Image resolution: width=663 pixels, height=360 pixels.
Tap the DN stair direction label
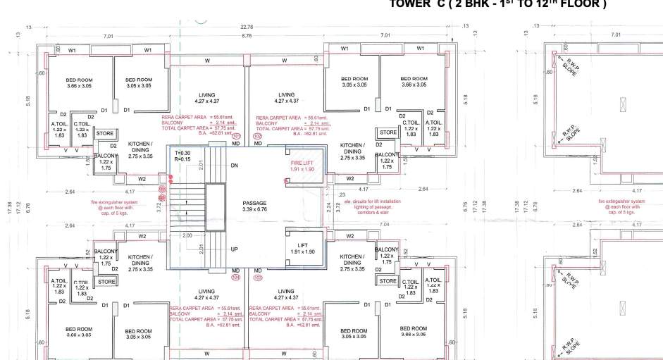click(235, 166)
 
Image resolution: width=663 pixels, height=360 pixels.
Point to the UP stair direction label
click(235, 249)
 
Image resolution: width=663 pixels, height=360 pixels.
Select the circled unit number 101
click(237, 136)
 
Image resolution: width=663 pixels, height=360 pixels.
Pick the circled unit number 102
click(257, 136)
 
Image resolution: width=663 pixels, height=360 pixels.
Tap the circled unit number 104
click(236, 278)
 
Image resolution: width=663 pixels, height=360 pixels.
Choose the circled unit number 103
click(257, 278)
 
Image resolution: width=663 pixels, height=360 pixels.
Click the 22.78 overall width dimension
click(247, 27)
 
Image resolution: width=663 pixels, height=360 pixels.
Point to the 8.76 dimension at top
click(247, 35)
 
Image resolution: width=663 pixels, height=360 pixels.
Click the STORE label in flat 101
click(105, 133)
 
